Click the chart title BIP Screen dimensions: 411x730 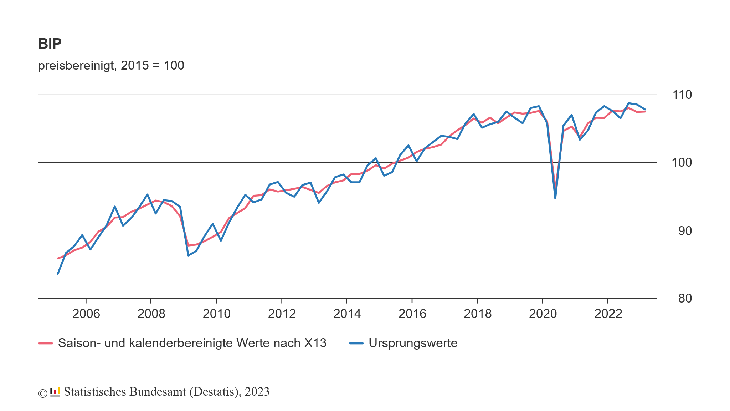(50, 44)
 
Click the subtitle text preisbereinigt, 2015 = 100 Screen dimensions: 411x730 (111, 66)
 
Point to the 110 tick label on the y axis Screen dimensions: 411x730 (682, 95)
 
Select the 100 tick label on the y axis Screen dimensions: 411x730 (682, 163)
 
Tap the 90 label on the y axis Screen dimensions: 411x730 (685, 231)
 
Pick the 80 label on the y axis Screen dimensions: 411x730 (685, 298)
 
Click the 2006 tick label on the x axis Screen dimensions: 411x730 (86, 314)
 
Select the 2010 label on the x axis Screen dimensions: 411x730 (216, 314)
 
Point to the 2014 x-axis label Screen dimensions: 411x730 (347, 314)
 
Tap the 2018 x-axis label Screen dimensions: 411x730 (477, 314)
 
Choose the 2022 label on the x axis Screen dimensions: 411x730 (608, 314)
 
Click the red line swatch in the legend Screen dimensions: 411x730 (46, 344)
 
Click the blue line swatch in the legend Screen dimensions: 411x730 (356, 344)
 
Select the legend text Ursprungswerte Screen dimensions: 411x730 (413, 343)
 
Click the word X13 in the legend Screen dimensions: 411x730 (315, 343)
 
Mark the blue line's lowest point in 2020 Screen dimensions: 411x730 (555, 198)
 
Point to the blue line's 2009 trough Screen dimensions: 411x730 (188, 255)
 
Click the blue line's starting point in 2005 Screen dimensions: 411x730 (58, 274)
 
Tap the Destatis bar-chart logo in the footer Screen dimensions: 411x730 (55, 392)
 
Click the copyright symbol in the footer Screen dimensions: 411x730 (43, 393)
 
